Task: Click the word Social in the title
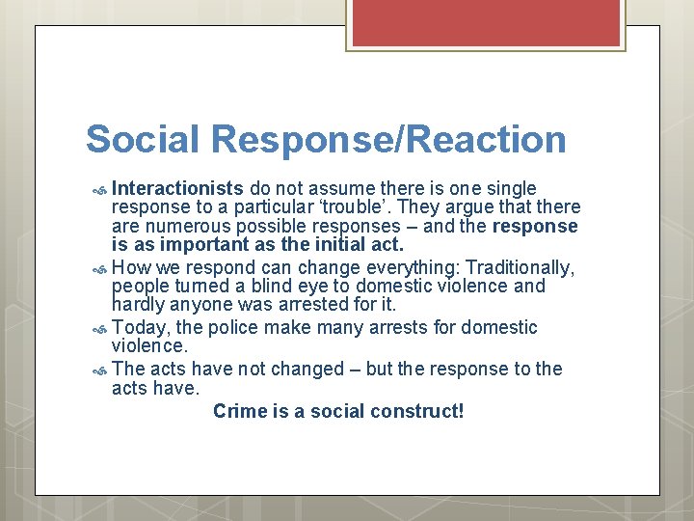coord(144,139)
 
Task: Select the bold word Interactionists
coord(176,187)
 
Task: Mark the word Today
coord(139,328)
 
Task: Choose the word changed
coord(307,370)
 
